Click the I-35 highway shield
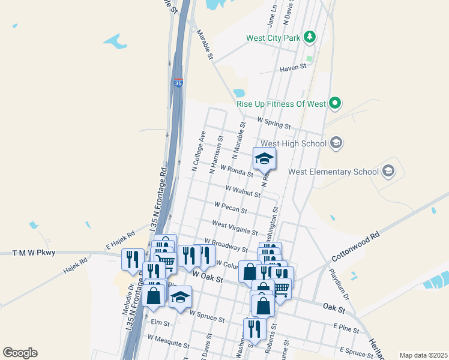[178, 83]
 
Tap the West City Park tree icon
[310, 38]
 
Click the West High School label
[294, 143]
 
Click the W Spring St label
[273, 123]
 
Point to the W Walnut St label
[243, 191]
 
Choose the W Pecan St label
[231, 207]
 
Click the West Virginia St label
[235, 228]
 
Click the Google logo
[20, 353]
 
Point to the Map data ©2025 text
[423, 355]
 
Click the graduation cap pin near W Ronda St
[264, 160]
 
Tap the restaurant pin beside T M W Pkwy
[133, 259]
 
